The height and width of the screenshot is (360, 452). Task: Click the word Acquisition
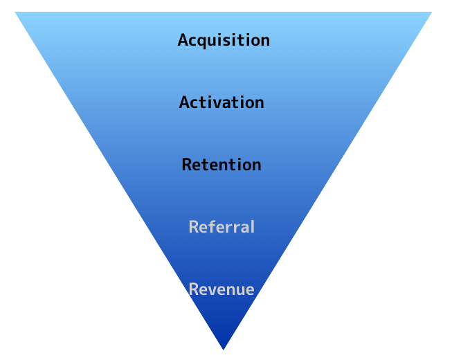224,40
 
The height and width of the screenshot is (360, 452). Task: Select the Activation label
222,102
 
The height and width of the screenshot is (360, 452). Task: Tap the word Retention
222,165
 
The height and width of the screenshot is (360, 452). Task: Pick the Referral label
222,227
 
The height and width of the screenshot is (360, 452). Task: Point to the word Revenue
222,289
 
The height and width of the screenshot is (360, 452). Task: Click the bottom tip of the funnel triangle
224,348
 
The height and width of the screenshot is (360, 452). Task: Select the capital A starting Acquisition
183,40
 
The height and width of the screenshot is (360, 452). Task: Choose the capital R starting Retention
186,165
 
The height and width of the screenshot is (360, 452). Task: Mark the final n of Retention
257,165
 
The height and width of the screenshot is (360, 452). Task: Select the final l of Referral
252,226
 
